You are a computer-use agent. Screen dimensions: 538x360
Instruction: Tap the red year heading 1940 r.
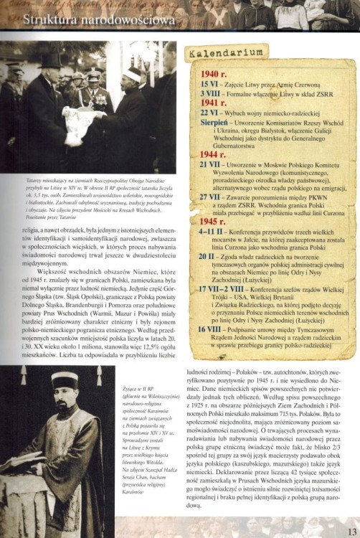[x=214, y=74]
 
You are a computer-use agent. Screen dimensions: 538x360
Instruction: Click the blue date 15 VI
[x=208, y=84]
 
